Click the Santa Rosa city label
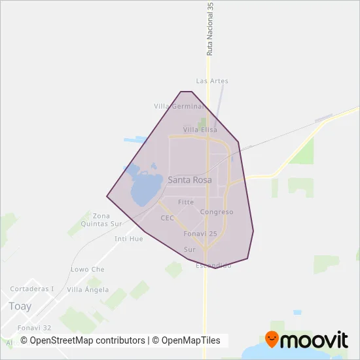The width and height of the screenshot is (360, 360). point(190,179)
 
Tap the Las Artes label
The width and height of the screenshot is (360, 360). point(212,81)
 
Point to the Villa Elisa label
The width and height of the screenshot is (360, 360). point(200,130)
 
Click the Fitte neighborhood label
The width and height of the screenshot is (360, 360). point(186,202)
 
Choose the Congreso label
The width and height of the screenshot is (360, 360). point(217,212)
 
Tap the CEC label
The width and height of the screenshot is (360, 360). point(167,218)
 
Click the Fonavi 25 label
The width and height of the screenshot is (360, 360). point(200,234)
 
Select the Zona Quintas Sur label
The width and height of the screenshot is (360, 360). point(101,219)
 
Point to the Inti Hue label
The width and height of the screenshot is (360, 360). point(128,239)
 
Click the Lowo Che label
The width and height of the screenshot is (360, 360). point(87,269)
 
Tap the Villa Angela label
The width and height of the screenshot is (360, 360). point(88,289)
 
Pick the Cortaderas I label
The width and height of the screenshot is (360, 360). point(32,289)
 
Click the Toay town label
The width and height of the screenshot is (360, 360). point(20,306)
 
